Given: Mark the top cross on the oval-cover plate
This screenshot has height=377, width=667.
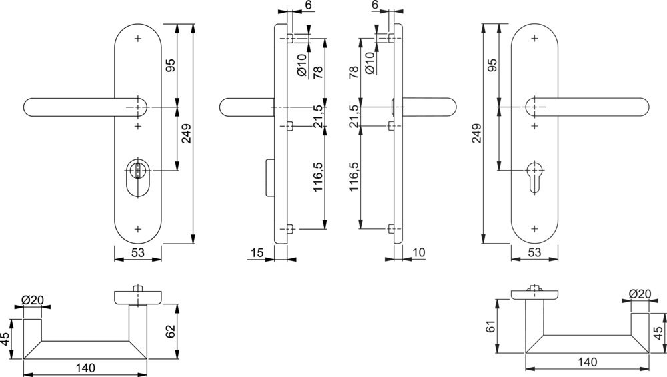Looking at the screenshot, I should tap(137, 39).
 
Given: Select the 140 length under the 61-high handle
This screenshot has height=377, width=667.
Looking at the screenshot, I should tap(588, 362).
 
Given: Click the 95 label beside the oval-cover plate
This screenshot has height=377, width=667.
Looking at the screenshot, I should tap(170, 66).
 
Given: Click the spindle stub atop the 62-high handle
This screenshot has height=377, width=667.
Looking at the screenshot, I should tap(137, 288).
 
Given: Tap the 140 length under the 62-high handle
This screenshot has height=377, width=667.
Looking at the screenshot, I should tap(85, 368).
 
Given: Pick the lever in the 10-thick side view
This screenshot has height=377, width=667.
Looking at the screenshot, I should tap(426, 107).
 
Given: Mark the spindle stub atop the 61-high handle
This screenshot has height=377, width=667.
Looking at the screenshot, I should tap(534, 289).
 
